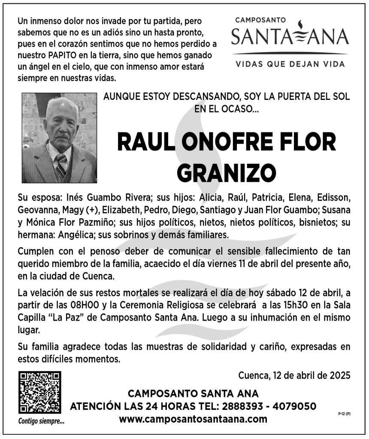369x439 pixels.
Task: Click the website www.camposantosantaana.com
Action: point(193,419)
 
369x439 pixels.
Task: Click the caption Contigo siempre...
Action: point(41,421)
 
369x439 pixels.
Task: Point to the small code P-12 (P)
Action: point(344,413)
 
